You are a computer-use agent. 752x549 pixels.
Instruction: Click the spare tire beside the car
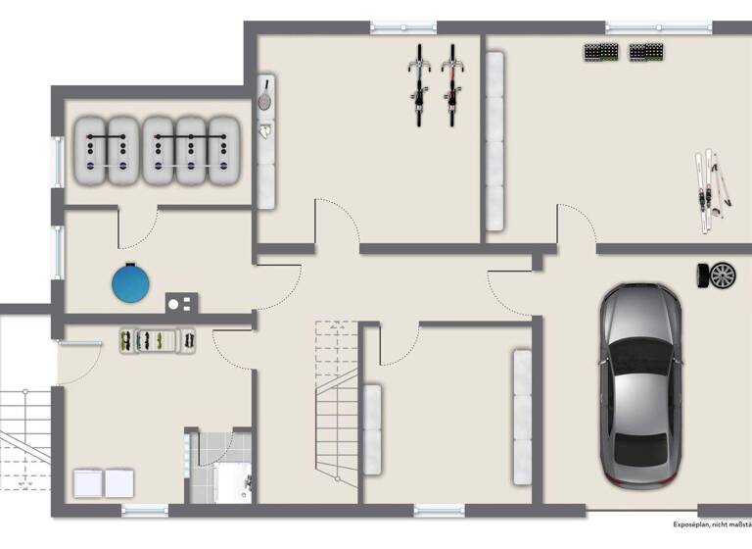(x=719, y=275)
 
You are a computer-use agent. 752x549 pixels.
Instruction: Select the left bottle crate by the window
(x=600, y=52)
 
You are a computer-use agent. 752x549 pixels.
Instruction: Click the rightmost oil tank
(x=223, y=152)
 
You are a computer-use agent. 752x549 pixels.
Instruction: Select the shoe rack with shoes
(x=157, y=340)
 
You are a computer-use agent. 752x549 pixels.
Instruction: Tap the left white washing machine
(x=88, y=483)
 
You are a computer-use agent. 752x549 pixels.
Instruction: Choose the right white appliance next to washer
(x=119, y=483)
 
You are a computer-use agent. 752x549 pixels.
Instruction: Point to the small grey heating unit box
(x=179, y=302)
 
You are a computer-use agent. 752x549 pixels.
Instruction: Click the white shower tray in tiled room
(x=232, y=483)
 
